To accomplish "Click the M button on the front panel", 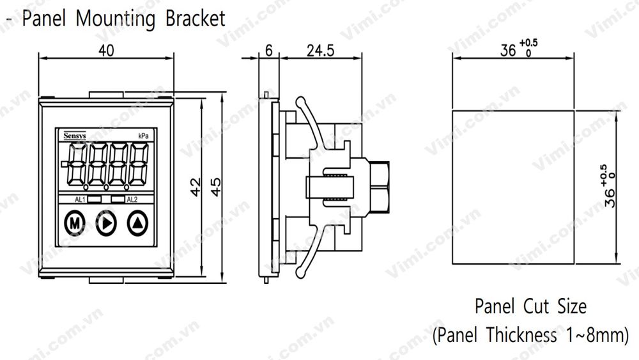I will click(x=75, y=223).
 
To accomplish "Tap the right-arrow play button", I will click(x=106, y=223).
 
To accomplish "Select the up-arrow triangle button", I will click(x=137, y=223).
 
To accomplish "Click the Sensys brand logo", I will click(x=73, y=136).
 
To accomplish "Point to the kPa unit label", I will click(x=144, y=136).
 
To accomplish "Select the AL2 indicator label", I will click(x=132, y=200).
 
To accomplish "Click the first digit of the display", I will click(x=76, y=165).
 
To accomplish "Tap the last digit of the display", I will click(x=136, y=165).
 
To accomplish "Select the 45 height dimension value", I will click(x=217, y=187).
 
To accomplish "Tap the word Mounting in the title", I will click(x=116, y=18).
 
